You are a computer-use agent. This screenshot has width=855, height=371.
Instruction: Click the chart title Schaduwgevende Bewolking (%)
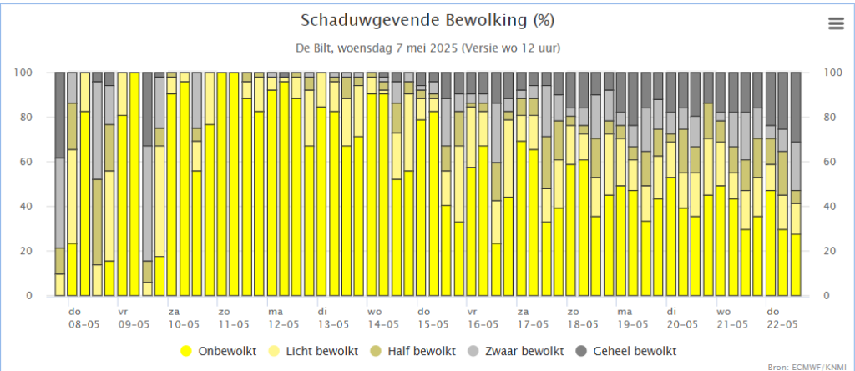tap(427, 20)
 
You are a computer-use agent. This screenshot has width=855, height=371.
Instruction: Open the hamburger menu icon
tap(836, 23)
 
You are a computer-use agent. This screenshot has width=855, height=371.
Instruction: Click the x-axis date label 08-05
tap(83, 324)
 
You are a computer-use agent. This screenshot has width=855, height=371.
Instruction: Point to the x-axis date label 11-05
tap(234, 324)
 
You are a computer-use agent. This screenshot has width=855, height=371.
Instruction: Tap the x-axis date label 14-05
tap(383, 324)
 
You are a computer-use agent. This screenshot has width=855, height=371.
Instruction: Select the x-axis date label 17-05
tap(533, 324)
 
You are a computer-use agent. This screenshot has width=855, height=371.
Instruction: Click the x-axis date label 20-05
tap(682, 324)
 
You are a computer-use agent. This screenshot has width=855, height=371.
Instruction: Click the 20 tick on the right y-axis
tap(829, 252)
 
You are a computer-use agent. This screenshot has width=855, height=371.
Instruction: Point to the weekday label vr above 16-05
tap(472, 310)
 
